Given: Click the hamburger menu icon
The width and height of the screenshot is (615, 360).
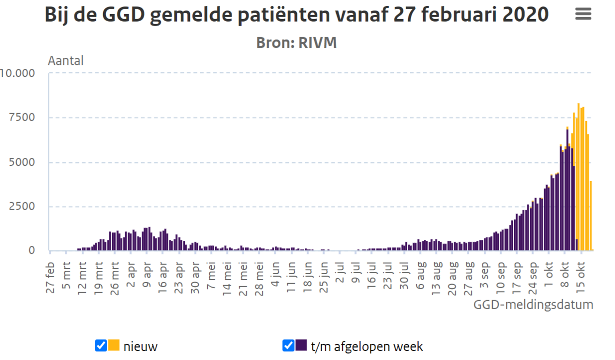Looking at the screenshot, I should [583, 14].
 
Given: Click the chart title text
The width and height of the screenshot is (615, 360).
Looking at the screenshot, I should [296, 15].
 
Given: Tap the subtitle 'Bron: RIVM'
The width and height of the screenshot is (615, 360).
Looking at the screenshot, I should [296, 43].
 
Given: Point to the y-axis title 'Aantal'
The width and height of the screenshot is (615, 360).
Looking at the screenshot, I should [66, 61].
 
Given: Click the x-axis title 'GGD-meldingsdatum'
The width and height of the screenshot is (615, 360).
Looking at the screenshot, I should [533, 305].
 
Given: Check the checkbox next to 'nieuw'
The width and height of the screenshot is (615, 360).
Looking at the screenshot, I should [100, 345].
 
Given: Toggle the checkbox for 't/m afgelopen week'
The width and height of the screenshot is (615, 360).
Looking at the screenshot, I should [288, 345].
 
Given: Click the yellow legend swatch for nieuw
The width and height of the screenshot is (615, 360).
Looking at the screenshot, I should [114, 345].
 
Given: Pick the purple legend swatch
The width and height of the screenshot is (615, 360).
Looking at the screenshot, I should [301, 345].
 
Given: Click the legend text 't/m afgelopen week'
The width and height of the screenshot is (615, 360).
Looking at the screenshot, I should [367, 346].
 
